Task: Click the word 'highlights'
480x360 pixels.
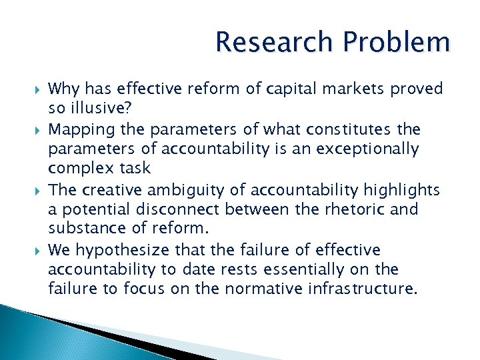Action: [x=401, y=190]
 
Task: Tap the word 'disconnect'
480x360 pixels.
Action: [x=183, y=209]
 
